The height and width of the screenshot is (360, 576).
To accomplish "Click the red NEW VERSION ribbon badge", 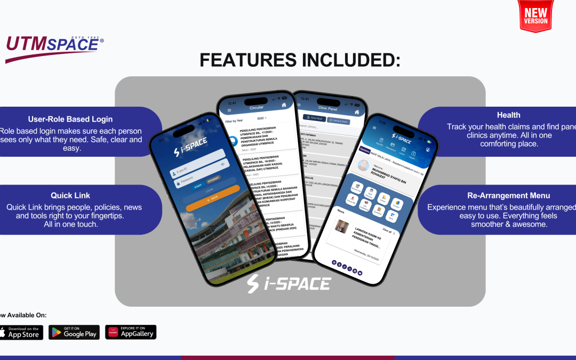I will (x=536, y=16).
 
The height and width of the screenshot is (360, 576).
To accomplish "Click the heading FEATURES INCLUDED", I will (x=300, y=60).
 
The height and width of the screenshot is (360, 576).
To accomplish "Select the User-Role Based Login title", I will (x=70, y=119).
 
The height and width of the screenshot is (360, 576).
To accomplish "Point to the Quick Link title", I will (x=70, y=196).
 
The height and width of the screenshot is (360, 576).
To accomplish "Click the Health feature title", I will (x=508, y=115).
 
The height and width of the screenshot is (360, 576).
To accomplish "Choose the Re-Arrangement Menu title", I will (x=508, y=196).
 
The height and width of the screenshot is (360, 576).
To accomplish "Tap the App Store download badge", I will (x=19, y=332).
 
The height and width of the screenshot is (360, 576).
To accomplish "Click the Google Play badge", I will (x=74, y=332).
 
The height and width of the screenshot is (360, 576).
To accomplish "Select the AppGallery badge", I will (x=131, y=332).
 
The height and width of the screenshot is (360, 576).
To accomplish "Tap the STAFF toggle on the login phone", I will (x=198, y=186).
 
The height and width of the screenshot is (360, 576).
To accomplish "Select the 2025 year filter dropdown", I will (x=261, y=118).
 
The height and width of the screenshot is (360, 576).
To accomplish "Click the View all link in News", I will (x=387, y=232).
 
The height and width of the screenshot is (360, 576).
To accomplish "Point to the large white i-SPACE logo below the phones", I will (x=289, y=284).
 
